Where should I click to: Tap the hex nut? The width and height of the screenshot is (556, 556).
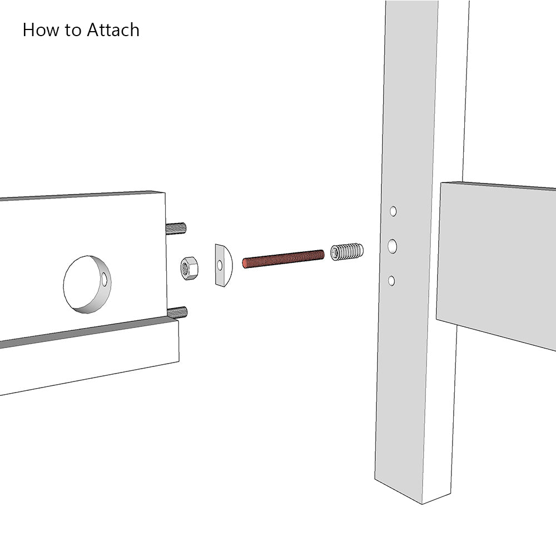click(190, 268)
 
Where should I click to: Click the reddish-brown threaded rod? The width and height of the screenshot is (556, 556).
click(284, 259)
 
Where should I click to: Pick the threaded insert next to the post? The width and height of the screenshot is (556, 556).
click(347, 252)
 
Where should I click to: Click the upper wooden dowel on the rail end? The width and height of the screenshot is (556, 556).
click(176, 227)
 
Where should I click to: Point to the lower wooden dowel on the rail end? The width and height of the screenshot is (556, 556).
click(177, 312)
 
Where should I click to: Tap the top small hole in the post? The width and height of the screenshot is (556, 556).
click(393, 211)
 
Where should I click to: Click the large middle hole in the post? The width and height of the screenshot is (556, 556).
click(393, 246)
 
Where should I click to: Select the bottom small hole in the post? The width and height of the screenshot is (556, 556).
click(391, 281)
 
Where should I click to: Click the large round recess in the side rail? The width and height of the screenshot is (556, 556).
click(86, 284)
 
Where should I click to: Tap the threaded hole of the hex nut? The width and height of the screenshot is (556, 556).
click(185, 269)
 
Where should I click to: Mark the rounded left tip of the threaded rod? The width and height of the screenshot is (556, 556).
click(245, 262)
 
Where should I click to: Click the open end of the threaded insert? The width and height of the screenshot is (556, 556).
click(335, 254)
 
